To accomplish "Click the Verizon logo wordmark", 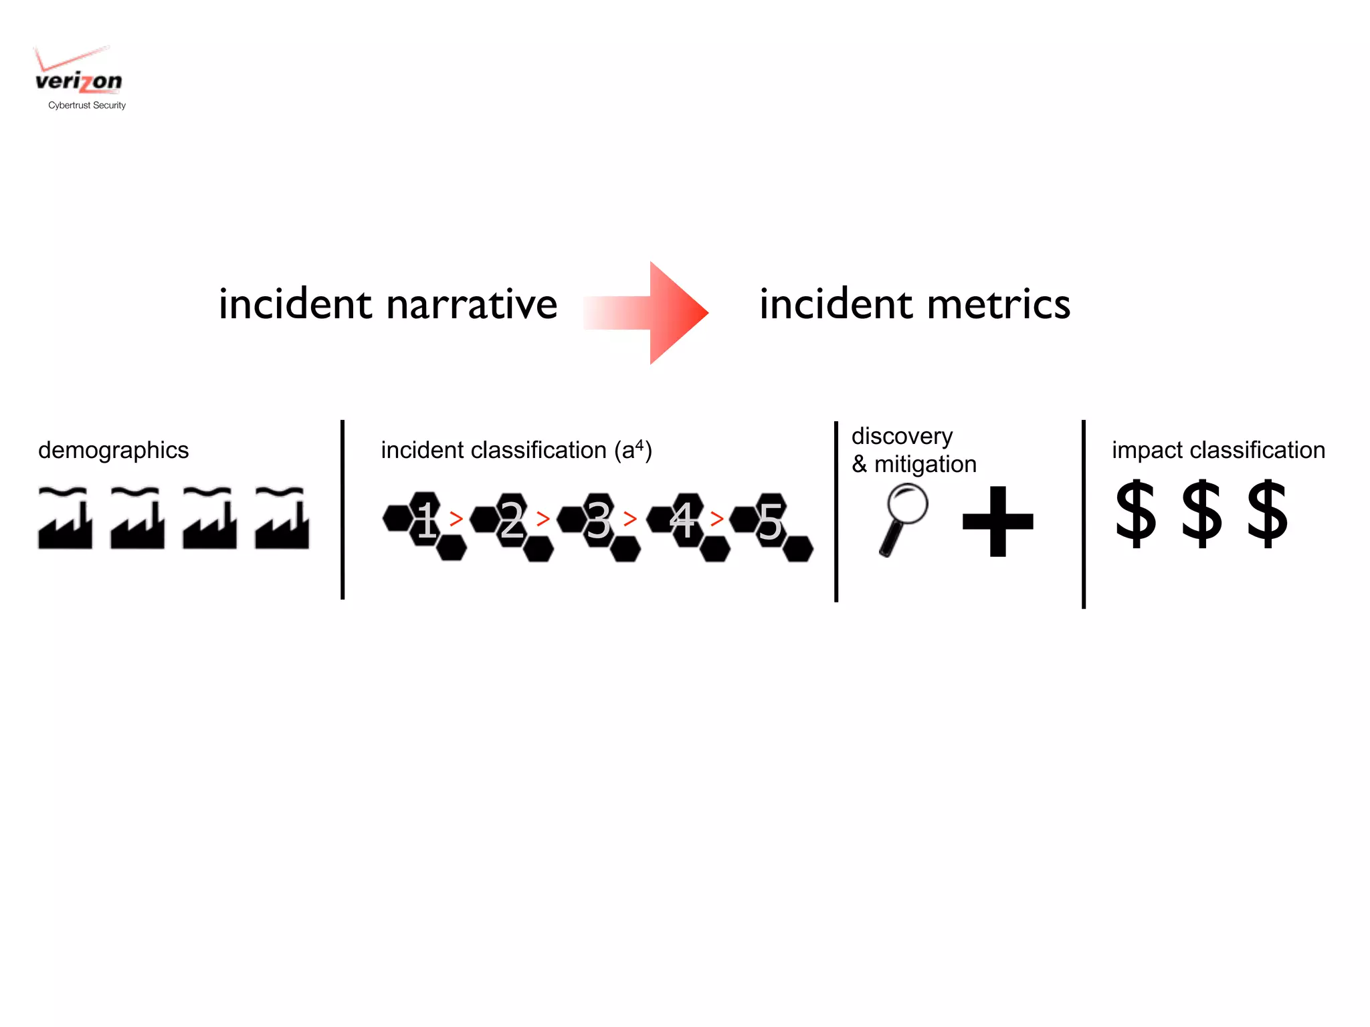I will [78, 81].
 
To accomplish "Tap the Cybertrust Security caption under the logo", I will [87, 105].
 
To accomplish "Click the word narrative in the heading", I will [472, 305].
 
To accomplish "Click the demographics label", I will [113, 451].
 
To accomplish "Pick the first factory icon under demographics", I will [65, 519].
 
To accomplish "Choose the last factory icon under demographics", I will [282, 519].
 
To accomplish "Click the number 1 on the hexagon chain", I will [427, 521].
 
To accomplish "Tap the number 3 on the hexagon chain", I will [598, 521].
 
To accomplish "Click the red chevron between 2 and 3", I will [543, 518].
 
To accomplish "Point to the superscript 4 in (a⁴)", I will [640, 445].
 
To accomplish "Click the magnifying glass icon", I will [904, 518].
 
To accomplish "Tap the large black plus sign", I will [997, 521].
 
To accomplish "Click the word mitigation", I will [925, 464].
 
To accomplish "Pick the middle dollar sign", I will [1201, 513].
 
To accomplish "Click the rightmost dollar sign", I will [1267, 513].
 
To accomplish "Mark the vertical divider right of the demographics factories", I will [342, 509].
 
